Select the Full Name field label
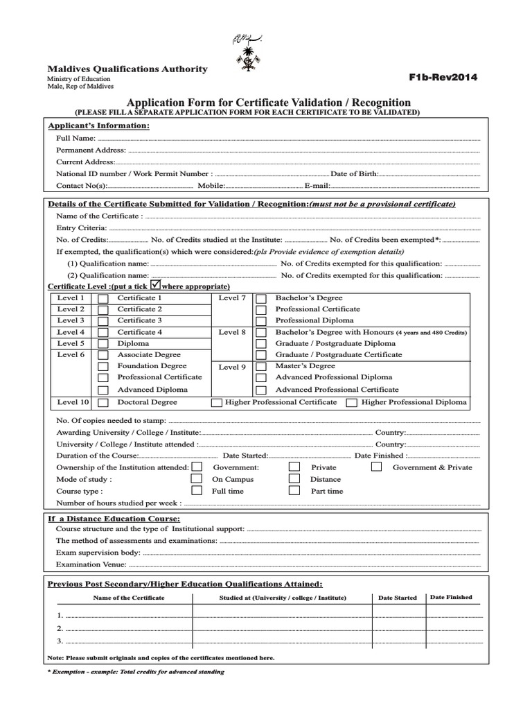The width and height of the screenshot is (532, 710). [x=76, y=139]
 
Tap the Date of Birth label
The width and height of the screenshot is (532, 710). [x=355, y=174]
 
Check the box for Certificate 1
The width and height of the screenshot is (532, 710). [x=103, y=298]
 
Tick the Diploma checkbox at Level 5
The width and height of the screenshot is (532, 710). [x=103, y=344]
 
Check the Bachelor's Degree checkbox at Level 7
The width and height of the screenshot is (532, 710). [x=262, y=298]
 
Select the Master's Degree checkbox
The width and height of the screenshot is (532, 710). [x=262, y=366]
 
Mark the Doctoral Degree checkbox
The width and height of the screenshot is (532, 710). [x=103, y=402]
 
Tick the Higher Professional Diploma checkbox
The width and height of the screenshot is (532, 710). [x=352, y=402]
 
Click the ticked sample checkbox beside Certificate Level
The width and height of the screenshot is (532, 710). [x=156, y=284]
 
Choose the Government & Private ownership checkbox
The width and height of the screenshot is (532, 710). [x=376, y=467]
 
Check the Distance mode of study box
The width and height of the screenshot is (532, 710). [x=294, y=478]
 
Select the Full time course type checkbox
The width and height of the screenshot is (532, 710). [x=197, y=490]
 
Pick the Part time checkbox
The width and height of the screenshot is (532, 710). [x=294, y=490]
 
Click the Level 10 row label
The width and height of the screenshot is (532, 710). [x=73, y=402]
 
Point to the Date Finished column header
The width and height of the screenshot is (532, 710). [x=451, y=597]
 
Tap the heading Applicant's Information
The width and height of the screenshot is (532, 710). [x=98, y=125]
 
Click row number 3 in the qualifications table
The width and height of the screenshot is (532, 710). [x=60, y=640]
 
